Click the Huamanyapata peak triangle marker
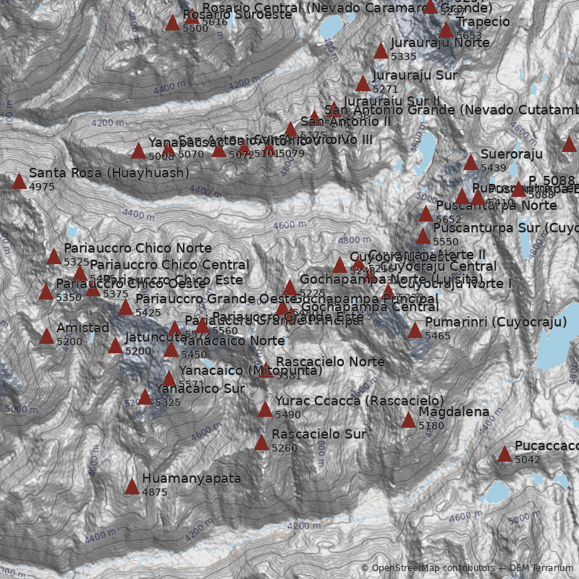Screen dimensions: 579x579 pyautogui.click(x=132, y=486)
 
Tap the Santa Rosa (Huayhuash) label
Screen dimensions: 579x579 pyautogui.click(x=109, y=174)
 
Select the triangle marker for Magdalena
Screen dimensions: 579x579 pyautogui.click(x=408, y=420)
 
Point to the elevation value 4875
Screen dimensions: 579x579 pyautogui.click(x=154, y=492)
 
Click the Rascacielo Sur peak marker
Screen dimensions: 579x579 pyautogui.click(x=261, y=442)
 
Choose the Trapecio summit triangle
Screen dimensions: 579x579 pyautogui.click(x=447, y=30)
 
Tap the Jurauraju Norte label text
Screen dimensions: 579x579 pyautogui.click(x=440, y=43)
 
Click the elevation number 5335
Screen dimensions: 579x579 pyautogui.click(x=403, y=56)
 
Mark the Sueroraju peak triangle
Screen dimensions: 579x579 pyautogui.click(x=470, y=162)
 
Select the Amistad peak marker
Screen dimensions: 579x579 pyautogui.click(x=46, y=336)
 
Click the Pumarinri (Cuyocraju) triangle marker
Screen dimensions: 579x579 pyautogui.click(x=415, y=331)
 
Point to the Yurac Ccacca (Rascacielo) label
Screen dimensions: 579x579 pyautogui.click(x=359, y=401)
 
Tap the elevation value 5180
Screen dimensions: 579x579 pyautogui.click(x=431, y=426)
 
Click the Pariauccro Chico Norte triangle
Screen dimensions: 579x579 pyautogui.click(x=54, y=256)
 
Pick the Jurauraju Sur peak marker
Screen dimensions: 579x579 pyautogui.click(x=363, y=83)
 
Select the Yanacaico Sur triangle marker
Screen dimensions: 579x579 pyautogui.click(x=145, y=397)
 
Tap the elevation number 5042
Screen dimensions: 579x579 pyautogui.click(x=528, y=460)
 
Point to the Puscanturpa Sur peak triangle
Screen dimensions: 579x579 pyautogui.click(x=423, y=236)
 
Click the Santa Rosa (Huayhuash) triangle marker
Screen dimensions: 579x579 pyautogui.click(x=19, y=181)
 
